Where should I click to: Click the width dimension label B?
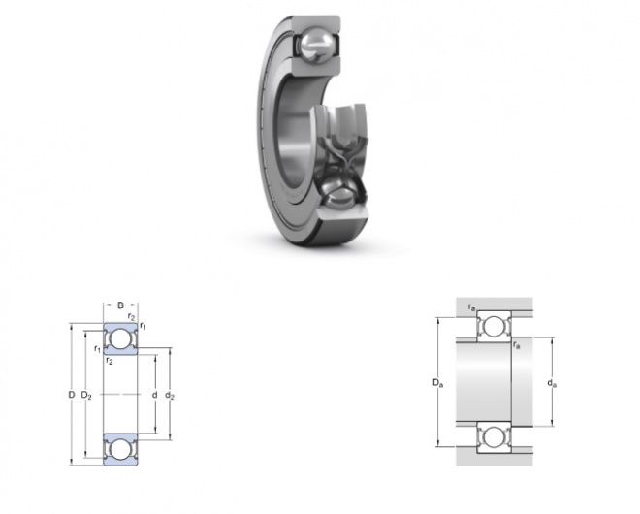click(120, 305)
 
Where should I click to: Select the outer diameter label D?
click(72, 395)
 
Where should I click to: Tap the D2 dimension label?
click(86, 395)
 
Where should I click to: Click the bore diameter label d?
click(154, 395)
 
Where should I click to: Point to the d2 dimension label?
click(170, 395)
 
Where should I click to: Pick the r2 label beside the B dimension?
click(131, 316)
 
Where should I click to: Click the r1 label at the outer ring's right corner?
click(143, 326)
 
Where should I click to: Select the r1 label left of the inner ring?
click(97, 349)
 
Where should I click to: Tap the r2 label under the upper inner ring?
click(109, 361)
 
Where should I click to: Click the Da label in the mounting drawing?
click(438, 383)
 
